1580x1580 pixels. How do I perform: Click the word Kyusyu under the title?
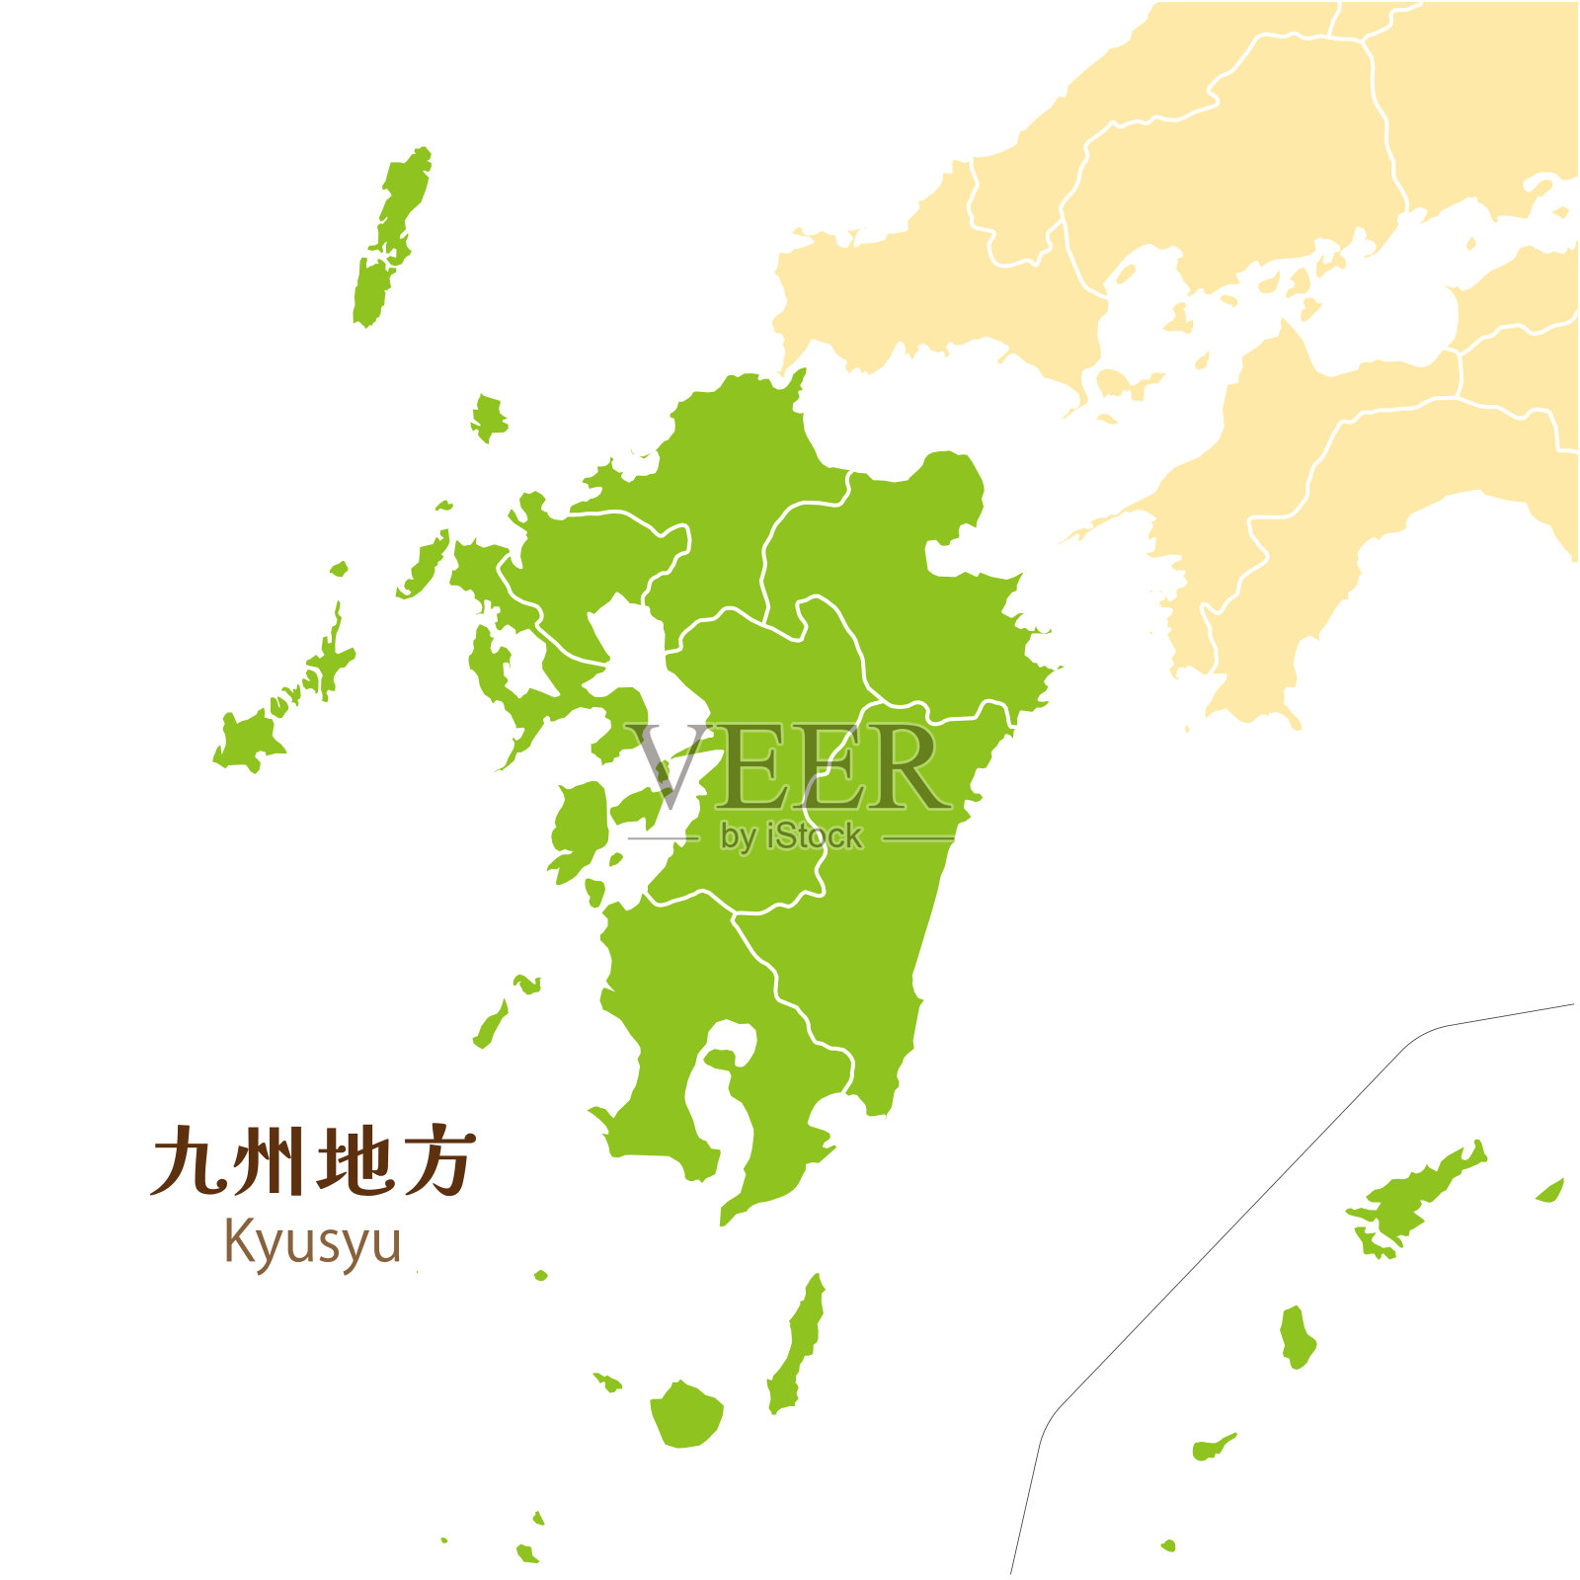point(312,1242)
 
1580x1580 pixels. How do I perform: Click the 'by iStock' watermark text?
point(791,836)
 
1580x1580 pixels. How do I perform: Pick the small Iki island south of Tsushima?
point(488,418)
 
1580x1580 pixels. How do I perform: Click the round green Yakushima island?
point(686,1414)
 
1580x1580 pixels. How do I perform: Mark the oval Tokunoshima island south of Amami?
point(1298,1336)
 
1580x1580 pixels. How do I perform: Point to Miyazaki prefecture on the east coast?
point(889,889)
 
